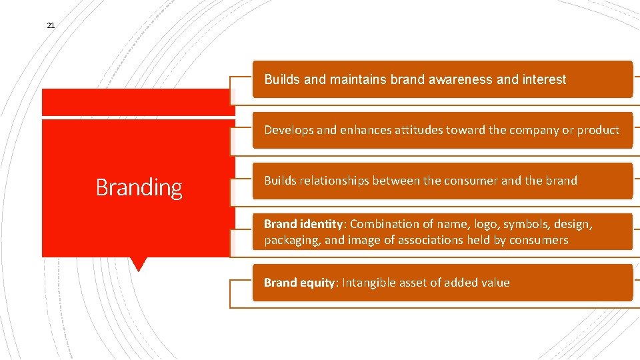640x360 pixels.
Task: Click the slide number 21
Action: pos(51,25)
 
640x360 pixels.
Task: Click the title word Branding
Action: pos(139,187)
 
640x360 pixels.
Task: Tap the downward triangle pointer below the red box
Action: pos(138,264)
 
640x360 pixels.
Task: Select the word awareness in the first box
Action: pos(461,79)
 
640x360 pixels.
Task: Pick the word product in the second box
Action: pos(598,130)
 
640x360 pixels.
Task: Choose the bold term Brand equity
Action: pos(300,283)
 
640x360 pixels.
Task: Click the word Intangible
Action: pos(369,283)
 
